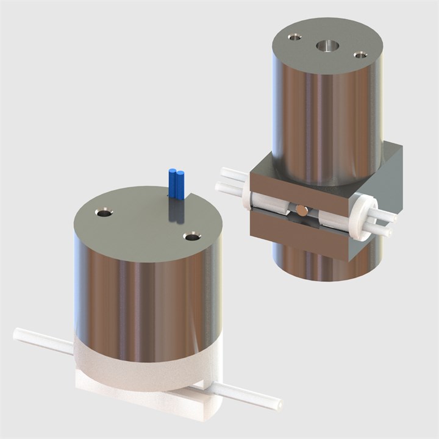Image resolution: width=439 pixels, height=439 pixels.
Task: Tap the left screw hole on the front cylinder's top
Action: [104, 213]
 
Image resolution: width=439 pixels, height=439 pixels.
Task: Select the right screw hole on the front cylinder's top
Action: [193, 235]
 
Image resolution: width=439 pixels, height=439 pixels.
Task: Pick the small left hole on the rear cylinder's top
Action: [295, 37]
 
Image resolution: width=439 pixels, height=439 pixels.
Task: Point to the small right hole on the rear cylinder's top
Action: [360, 55]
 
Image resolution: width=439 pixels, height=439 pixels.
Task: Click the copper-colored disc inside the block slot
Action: [302, 210]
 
